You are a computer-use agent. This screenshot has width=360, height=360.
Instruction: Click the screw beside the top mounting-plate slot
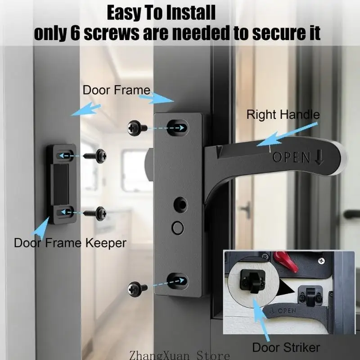(137, 127)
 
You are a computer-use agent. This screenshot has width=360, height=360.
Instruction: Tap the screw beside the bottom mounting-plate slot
(137, 288)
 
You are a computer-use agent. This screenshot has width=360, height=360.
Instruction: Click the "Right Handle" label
(283, 115)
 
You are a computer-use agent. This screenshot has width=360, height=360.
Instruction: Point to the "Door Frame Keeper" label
(70, 243)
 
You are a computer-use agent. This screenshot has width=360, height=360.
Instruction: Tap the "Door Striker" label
(286, 347)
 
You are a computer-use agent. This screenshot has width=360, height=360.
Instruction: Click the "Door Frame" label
(117, 90)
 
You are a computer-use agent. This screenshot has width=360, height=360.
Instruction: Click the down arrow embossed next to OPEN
(319, 157)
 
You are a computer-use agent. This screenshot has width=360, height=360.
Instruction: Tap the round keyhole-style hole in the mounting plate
(181, 205)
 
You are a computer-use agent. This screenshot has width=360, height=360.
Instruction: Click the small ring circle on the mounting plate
(178, 228)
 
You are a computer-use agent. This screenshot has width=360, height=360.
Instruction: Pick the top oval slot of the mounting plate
(178, 127)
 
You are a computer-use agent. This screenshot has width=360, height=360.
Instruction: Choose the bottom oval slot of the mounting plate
(178, 281)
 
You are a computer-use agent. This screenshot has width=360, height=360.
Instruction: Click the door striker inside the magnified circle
(252, 281)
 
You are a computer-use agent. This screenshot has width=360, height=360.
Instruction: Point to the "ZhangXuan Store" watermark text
(180, 355)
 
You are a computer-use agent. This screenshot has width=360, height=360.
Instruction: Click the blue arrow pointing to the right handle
(287, 134)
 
